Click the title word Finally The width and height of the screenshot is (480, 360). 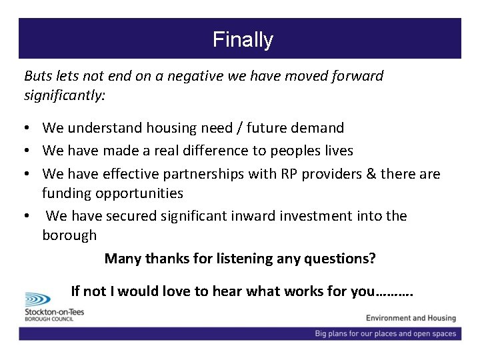point(243,39)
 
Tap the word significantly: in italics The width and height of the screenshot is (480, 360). point(65,95)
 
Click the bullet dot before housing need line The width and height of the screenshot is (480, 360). point(29,128)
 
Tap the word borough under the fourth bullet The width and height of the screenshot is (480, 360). point(69,235)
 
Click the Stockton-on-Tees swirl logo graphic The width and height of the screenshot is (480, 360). point(41,299)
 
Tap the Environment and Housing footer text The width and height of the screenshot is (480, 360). point(411,319)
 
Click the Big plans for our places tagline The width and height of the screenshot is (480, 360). point(385,333)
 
